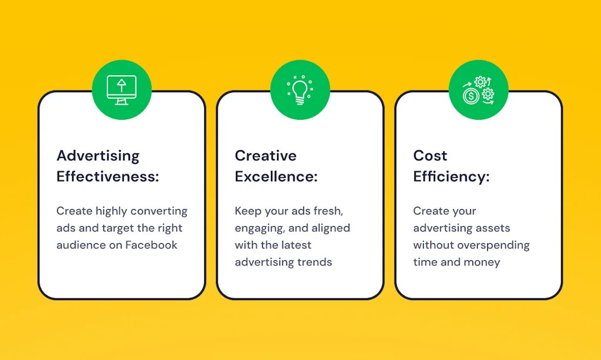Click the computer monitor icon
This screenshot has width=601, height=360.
pos(121,90)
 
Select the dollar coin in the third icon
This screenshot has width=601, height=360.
pos(471,96)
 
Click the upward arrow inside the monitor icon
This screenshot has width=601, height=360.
pos(121,85)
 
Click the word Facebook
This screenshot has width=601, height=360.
pos(151,245)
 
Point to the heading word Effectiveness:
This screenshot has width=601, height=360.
pos(108,176)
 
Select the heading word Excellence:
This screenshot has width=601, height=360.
pos(276,176)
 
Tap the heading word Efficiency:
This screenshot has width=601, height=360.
pos(451,176)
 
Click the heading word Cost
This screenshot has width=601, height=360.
pos(430,156)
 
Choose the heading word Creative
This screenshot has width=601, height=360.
pos(266,156)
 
